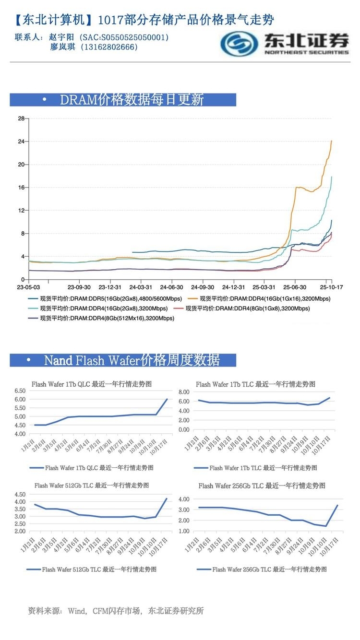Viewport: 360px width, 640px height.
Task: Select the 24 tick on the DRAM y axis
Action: point(21,142)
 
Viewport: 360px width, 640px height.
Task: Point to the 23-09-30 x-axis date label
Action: point(79,287)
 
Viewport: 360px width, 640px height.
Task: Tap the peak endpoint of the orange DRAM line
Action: point(332,141)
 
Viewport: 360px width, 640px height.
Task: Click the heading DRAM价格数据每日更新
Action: point(132,99)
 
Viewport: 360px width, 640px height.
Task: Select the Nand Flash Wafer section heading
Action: point(132,360)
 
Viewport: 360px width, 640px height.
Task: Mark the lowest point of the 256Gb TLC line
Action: point(326,526)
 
